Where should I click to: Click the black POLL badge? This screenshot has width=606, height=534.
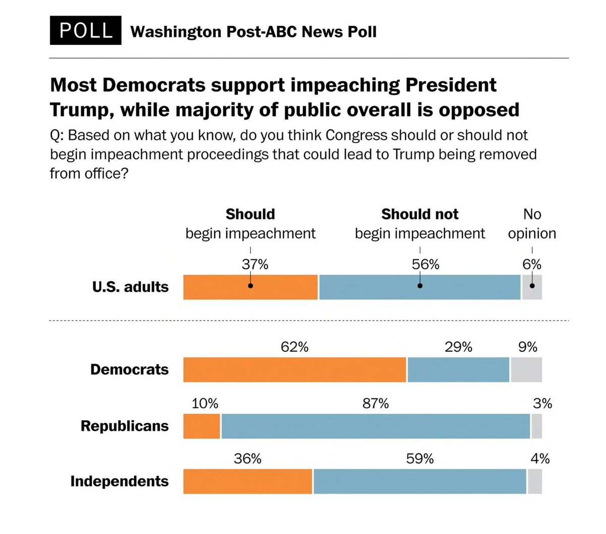[x=85, y=30]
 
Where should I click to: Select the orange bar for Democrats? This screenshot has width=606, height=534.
[x=294, y=369]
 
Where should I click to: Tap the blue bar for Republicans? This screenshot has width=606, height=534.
[x=376, y=426]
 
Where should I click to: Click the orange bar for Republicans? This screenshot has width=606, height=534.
[x=201, y=426]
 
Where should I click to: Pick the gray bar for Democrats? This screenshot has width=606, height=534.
[x=526, y=369]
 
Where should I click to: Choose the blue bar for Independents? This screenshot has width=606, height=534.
[x=420, y=482]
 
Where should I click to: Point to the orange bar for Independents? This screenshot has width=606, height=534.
[x=247, y=482]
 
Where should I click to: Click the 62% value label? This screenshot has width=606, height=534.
[x=294, y=347]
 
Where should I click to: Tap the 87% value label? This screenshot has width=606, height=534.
[x=376, y=403]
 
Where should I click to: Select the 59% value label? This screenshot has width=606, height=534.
[x=420, y=458]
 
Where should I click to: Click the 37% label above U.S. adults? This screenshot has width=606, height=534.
[x=255, y=264]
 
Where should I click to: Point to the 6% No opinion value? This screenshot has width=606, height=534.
[x=532, y=264]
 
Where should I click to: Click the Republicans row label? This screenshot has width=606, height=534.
[x=124, y=426]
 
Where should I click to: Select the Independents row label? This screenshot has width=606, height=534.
[x=119, y=481]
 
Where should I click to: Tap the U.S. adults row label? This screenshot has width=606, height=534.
[x=130, y=287]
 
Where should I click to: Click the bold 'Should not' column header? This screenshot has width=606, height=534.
[x=420, y=214]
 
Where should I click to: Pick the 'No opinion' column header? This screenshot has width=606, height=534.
[x=532, y=224]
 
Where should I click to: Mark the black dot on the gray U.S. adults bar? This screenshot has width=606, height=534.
[x=532, y=286]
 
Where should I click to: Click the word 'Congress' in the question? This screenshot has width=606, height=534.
[x=357, y=135]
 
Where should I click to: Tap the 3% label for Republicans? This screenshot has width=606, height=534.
[x=542, y=403]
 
